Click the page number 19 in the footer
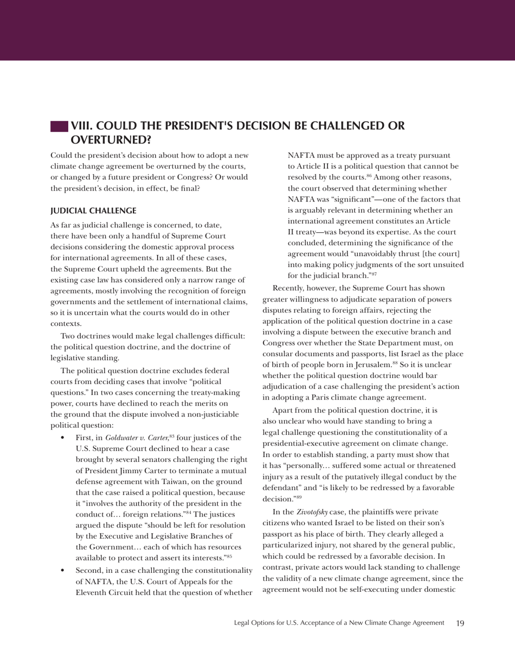[x=460, y=623]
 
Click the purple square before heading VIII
[x=59, y=127]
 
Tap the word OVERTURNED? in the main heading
[x=111, y=140]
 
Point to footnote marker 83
[x=172, y=436]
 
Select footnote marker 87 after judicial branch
[x=374, y=274]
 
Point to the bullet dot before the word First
[x=63, y=438]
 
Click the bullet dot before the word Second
[x=63, y=571]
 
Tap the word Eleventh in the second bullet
[x=92, y=592]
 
